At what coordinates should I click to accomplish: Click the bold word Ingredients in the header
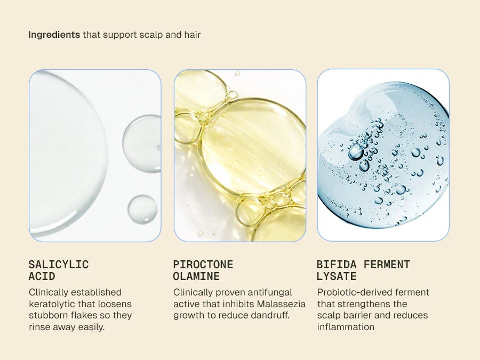54,35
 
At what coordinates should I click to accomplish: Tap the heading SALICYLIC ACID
59,270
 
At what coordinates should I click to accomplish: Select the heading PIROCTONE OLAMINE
203,270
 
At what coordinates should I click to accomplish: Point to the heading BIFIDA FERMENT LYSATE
363,270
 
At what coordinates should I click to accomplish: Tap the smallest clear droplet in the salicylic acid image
142,209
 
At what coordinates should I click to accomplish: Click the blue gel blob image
383,155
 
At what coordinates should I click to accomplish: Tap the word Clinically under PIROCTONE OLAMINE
193,292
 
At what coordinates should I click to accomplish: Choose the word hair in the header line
193,35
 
